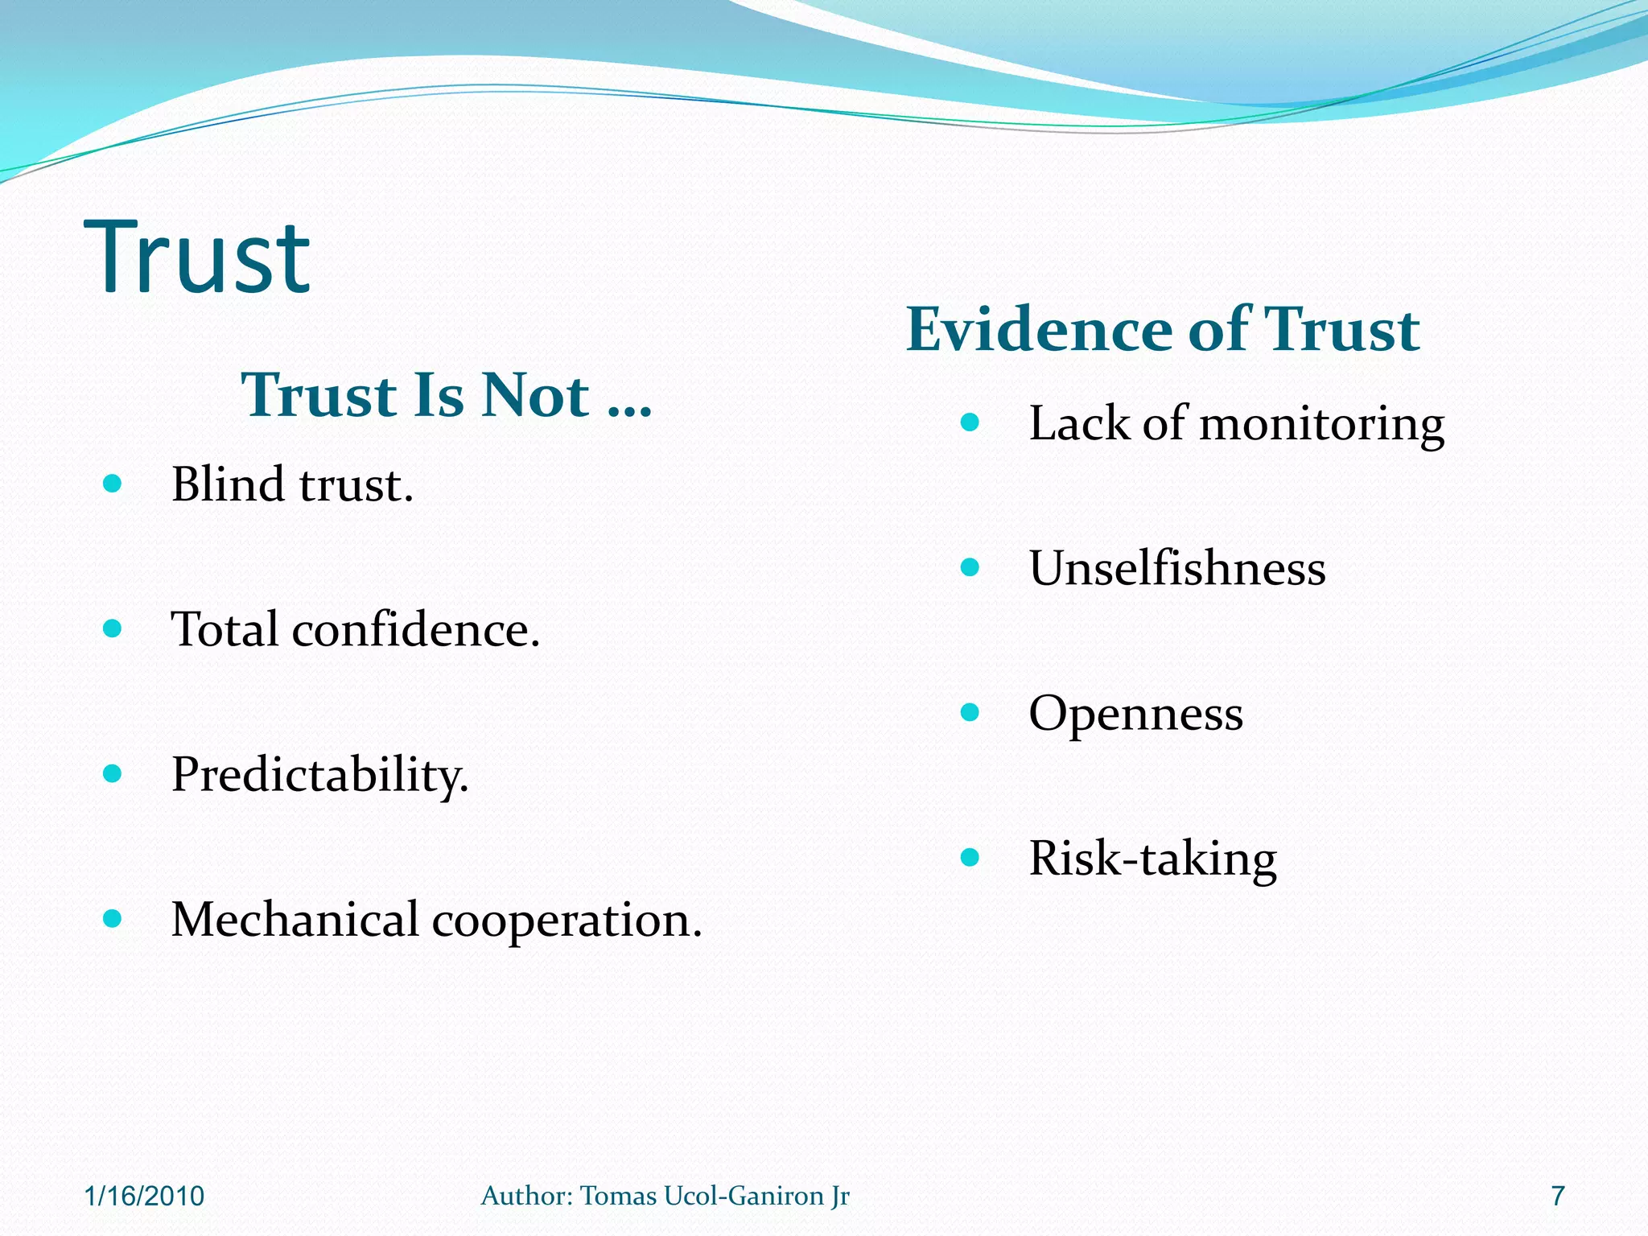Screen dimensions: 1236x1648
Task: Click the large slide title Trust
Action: coord(197,257)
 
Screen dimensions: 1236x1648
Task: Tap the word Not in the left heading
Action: coord(535,396)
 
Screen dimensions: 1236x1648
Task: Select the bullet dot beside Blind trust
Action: coord(113,484)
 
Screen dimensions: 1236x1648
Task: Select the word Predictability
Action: coord(319,775)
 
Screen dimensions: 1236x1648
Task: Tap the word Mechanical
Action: coord(295,919)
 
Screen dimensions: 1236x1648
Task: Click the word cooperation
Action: coord(566,921)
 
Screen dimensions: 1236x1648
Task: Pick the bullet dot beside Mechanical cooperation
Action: coord(113,918)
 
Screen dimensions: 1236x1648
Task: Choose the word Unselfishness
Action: coord(1176,568)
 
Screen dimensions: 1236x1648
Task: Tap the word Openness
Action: coord(1135,714)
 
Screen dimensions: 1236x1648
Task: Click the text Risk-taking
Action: coord(1152,859)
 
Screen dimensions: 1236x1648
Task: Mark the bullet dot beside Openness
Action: coord(970,712)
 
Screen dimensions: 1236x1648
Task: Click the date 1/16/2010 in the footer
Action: coord(144,1196)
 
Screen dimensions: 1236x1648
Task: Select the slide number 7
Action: coord(1558,1196)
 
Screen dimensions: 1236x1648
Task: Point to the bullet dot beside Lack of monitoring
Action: coord(970,422)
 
